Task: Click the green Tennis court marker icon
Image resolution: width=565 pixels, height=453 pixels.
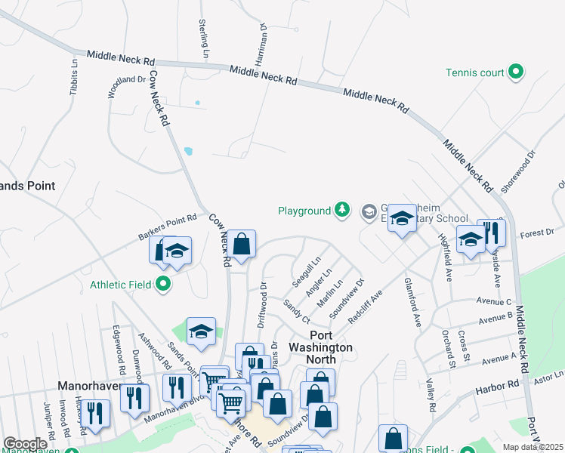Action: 517,72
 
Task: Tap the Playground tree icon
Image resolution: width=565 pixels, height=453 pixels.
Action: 343,211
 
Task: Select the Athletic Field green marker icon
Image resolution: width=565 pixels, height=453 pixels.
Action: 163,285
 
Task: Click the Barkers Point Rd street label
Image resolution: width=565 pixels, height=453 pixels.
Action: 167,226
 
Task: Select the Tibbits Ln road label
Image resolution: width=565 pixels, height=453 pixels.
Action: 74,76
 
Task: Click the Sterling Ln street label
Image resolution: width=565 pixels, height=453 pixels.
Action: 203,39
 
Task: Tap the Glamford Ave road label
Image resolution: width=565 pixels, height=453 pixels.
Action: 412,305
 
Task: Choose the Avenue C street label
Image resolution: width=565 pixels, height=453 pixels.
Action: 494,301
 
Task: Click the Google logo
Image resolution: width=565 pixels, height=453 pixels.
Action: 25,444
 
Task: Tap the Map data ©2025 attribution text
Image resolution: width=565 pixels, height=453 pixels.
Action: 533,447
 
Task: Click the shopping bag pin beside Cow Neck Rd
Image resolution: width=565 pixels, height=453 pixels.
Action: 242,245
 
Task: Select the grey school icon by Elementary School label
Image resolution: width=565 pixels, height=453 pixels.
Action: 369,211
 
